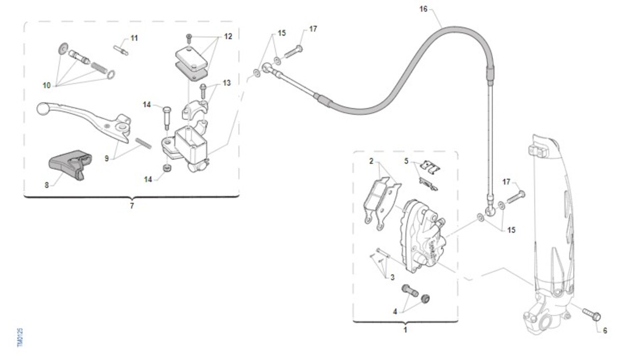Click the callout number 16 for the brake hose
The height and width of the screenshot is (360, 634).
tap(423, 9)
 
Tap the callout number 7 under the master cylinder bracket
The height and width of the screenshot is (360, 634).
tap(132, 206)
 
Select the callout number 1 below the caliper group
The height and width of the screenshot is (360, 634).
tap(405, 330)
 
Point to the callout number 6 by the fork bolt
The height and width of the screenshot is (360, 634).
tap(605, 330)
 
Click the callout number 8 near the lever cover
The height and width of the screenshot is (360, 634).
tap(46, 185)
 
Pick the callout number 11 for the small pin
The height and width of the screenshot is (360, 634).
tap(134, 38)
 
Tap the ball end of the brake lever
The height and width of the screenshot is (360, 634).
tap(42, 108)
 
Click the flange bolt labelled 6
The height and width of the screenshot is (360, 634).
tap(592, 315)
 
